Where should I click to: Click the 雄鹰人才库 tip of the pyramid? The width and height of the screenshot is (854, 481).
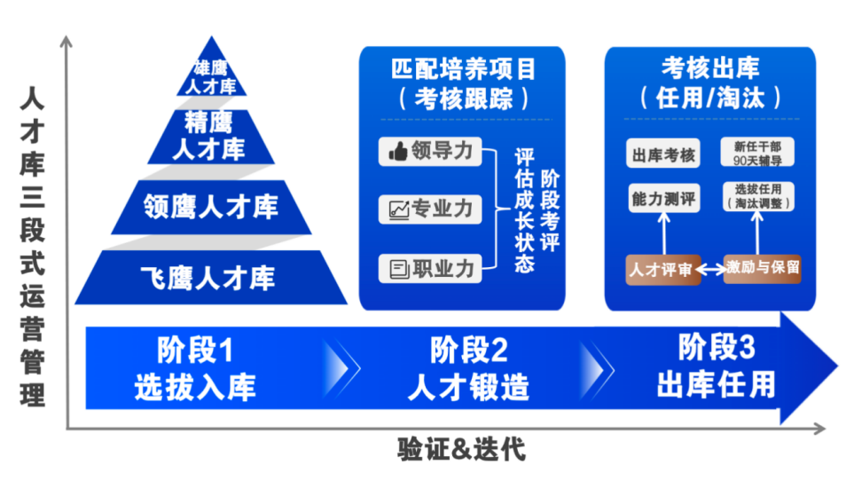pyautogui.click(x=211, y=76)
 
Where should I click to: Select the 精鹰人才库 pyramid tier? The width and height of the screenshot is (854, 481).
pyautogui.click(x=211, y=135)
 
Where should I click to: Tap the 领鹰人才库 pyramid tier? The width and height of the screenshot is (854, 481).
pyautogui.click(x=211, y=207)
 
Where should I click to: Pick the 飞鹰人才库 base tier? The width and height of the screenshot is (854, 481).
pyautogui.click(x=211, y=277)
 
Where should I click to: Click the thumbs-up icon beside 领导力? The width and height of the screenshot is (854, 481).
pyautogui.click(x=397, y=151)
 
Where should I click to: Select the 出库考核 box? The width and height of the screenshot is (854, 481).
pyautogui.click(x=663, y=154)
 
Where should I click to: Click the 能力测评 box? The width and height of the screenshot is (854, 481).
pyautogui.click(x=663, y=198)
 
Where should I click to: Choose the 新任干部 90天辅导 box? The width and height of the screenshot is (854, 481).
pyautogui.click(x=757, y=153)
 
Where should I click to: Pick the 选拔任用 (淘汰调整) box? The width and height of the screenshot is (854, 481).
pyautogui.click(x=758, y=196)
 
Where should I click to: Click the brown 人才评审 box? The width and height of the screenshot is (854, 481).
pyautogui.click(x=661, y=270)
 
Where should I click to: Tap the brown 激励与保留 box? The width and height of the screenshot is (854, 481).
pyautogui.click(x=763, y=267)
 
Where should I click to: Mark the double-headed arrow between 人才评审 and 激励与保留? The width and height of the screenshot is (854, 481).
pyautogui.click(x=711, y=269)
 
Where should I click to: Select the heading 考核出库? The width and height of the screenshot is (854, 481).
pyautogui.click(x=710, y=67)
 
